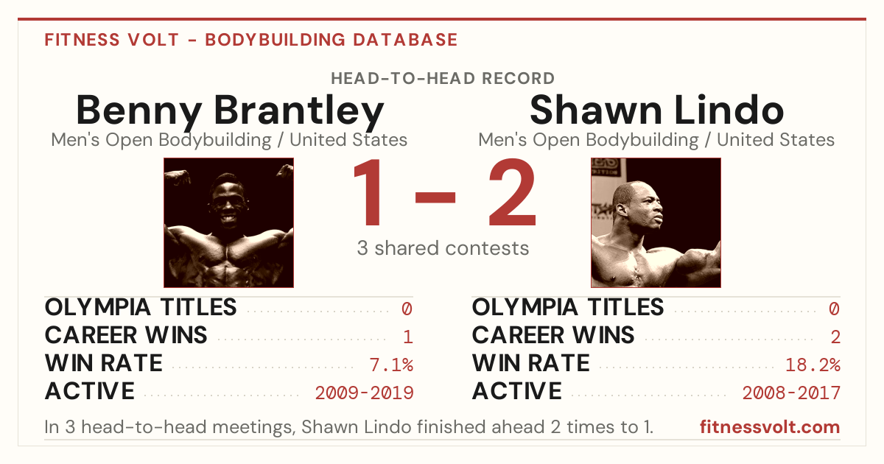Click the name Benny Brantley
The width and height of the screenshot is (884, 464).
point(230,112)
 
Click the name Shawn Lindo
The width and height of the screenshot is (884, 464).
point(656,110)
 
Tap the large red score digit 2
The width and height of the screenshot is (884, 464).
point(512,191)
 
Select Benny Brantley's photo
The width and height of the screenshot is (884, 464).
point(228,222)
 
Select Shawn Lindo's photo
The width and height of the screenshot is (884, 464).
point(656,222)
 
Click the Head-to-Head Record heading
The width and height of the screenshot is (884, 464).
point(443,79)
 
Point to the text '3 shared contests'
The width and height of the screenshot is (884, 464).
point(443,248)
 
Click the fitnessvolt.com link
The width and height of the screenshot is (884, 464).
point(770,427)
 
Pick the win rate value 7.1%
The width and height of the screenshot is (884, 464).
point(391,365)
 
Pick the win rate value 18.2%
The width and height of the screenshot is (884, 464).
point(813,365)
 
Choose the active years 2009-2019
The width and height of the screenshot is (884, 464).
point(364,393)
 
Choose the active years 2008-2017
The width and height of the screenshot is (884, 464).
point(791,393)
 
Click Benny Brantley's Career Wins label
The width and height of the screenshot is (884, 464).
point(126,335)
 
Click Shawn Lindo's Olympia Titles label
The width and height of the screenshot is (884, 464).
point(568,307)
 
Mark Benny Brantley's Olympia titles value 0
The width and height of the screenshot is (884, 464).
point(407,309)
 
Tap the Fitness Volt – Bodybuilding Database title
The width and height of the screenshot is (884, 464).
point(251,40)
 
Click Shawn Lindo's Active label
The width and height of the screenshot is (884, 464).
point(517,391)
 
